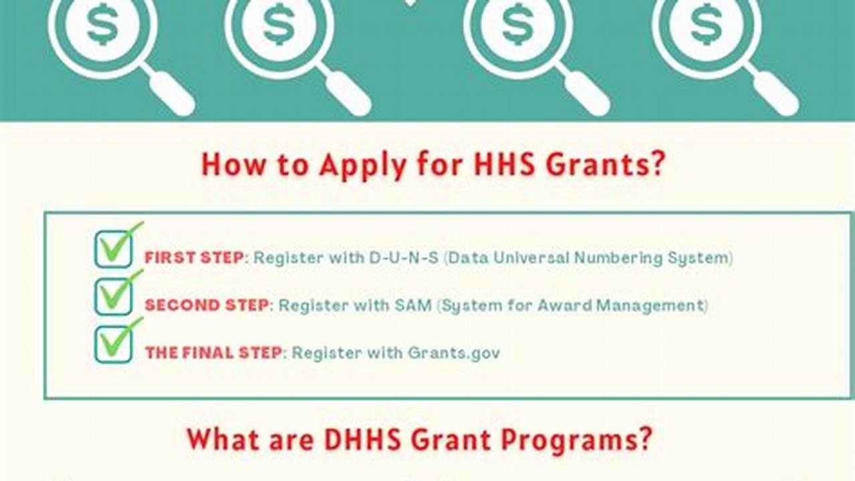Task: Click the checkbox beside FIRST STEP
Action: (114, 249)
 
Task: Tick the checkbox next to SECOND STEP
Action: (114, 297)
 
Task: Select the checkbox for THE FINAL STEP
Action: (114, 345)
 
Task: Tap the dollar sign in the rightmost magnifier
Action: (707, 25)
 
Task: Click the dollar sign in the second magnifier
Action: (279, 25)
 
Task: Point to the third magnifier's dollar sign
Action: (518, 25)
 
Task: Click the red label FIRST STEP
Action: (194, 258)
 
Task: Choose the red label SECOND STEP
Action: (207, 305)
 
